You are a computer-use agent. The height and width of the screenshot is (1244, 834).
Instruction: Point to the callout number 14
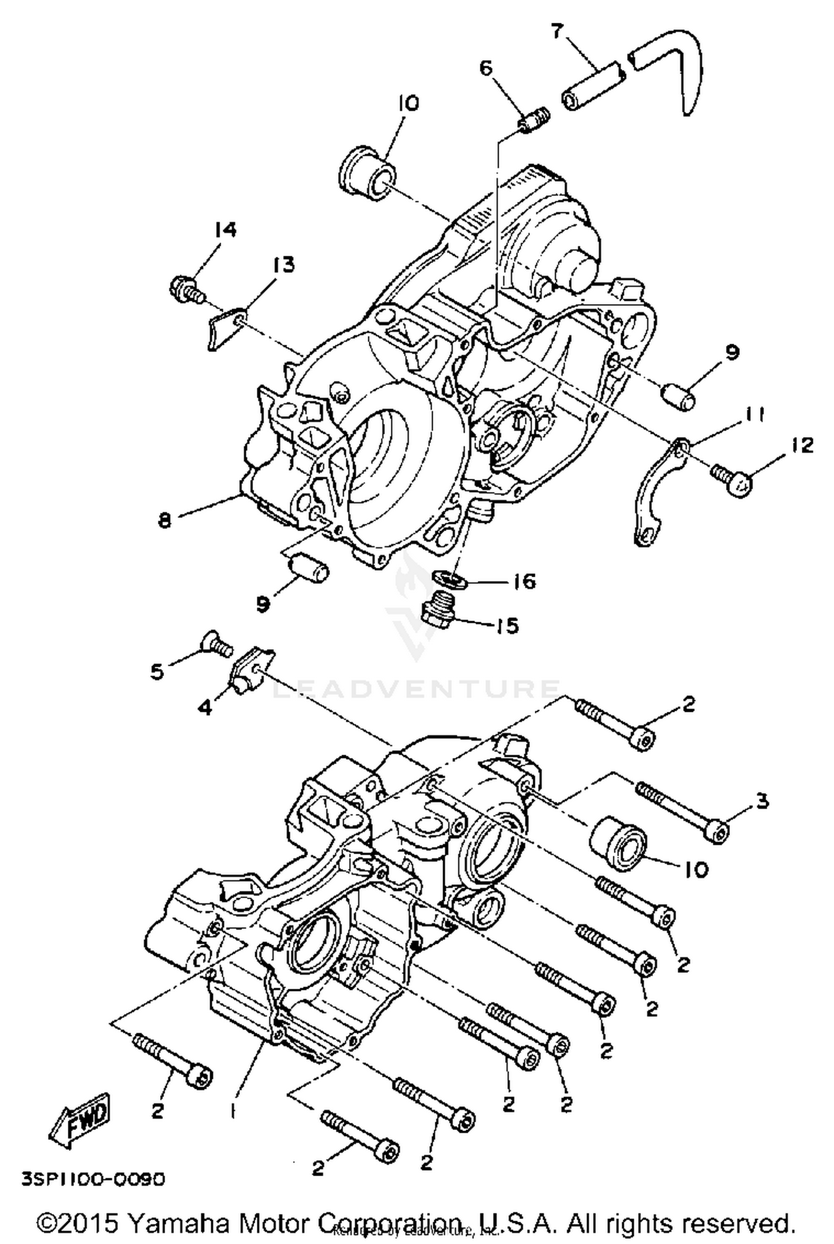click(x=226, y=230)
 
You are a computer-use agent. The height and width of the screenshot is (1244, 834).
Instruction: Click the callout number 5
click(x=157, y=672)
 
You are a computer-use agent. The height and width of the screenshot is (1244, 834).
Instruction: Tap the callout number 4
click(x=206, y=708)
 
